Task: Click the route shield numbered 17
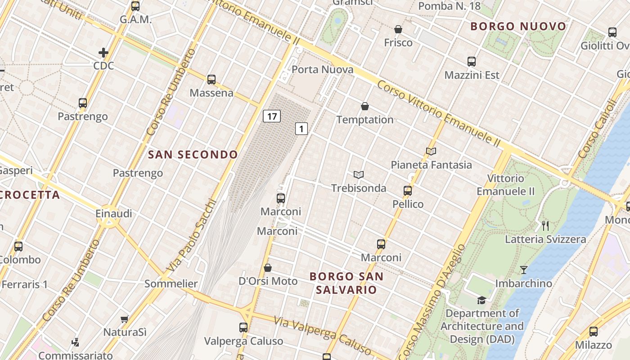pyautogui.click(x=272, y=117)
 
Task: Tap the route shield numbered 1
pyautogui.click(x=301, y=129)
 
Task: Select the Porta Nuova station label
pyautogui.click(x=322, y=70)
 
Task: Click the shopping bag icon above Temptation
pyautogui.click(x=365, y=107)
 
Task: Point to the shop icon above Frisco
pyautogui.click(x=398, y=30)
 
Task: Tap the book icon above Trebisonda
pyautogui.click(x=359, y=175)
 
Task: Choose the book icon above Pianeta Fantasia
pyautogui.click(x=431, y=152)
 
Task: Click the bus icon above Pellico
pyautogui.click(x=408, y=191)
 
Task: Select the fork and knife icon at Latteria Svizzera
pyautogui.click(x=545, y=225)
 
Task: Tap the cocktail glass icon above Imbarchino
pyautogui.click(x=524, y=270)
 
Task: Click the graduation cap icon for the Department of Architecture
pyautogui.click(x=481, y=300)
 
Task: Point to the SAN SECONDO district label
pyautogui.click(x=193, y=155)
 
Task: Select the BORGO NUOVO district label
pyautogui.click(x=518, y=27)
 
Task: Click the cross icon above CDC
pyautogui.click(x=103, y=53)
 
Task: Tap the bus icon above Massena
pyautogui.click(x=211, y=80)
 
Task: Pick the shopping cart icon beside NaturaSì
pyautogui.click(x=125, y=319)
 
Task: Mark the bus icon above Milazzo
pyautogui.click(x=594, y=332)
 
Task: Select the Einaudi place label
pyautogui.click(x=114, y=213)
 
